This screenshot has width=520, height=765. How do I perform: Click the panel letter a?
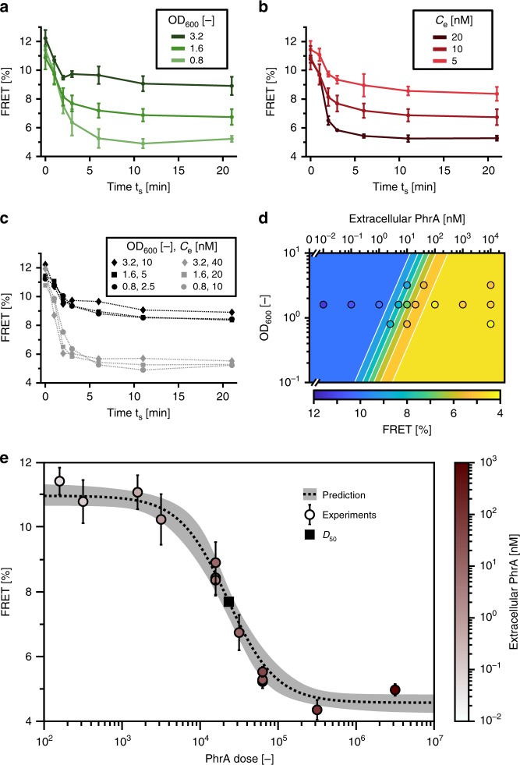(6, 7)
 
